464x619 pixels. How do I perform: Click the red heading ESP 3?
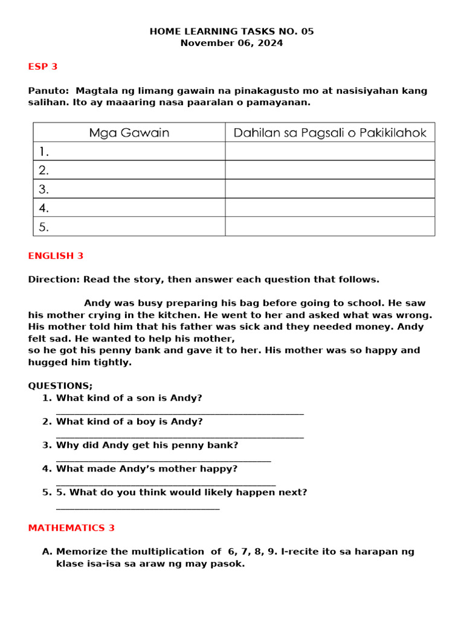[x=43, y=67]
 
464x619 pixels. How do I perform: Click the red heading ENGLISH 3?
[x=56, y=256]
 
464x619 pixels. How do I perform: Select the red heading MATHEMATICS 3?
[x=71, y=528]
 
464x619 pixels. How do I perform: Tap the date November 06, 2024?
[x=232, y=44]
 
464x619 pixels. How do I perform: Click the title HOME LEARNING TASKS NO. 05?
[x=232, y=31]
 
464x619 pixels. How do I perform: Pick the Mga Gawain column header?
[x=129, y=132]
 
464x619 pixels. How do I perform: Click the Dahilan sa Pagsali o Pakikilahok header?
[x=330, y=132]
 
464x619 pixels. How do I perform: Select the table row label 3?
[x=43, y=189]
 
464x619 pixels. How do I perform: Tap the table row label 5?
[x=43, y=227]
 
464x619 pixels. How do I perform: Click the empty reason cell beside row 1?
[x=330, y=151]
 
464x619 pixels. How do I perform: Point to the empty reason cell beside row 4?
[x=330, y=208]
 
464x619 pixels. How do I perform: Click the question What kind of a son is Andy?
[x=129, y=398]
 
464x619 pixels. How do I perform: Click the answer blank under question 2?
[x=179, y=436]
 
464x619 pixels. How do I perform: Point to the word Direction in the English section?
[x=53, y=279]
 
